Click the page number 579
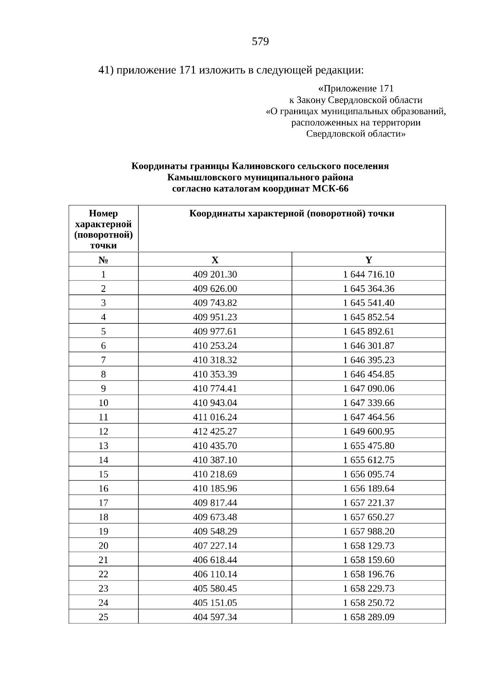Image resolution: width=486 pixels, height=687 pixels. [260, 42]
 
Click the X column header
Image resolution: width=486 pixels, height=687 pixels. [215, 260]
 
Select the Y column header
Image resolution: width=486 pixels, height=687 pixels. [369, 260]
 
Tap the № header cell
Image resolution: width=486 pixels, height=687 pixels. [103, 260]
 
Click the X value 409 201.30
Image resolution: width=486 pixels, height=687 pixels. [215, 274]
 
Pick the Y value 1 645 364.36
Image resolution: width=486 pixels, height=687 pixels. [369, 289]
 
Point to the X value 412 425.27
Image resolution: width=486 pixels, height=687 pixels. [215, 432]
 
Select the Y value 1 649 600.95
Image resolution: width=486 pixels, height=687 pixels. [369, 432]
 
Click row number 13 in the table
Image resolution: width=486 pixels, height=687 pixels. [103, 446]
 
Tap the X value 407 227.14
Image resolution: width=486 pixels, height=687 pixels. [215, 546]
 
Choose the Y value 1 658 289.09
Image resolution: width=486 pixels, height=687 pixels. [369, 617]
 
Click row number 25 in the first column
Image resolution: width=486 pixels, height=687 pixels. [103, 617]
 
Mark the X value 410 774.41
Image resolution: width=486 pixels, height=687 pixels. [215, 389]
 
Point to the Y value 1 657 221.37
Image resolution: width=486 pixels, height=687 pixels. [369, 503]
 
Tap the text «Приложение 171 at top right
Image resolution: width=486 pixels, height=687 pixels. [356, 88]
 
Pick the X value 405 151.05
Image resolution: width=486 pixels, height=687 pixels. [215, 603]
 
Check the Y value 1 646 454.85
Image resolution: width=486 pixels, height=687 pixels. [369, 374]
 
